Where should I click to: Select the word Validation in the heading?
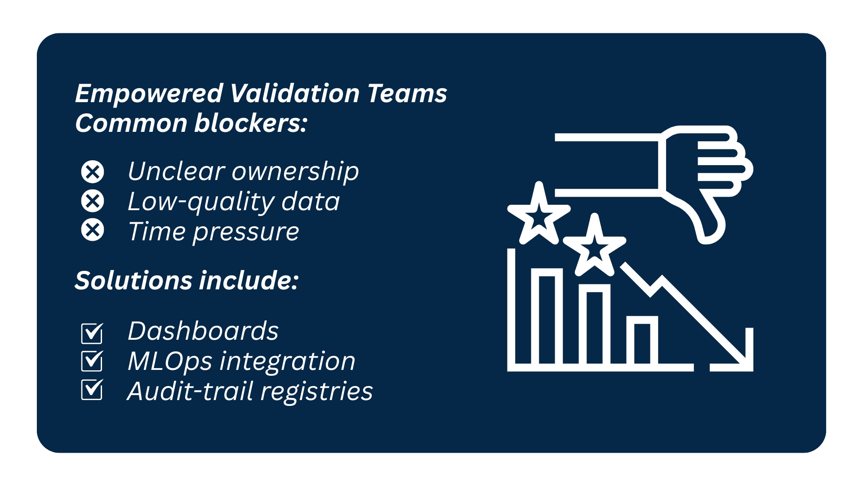point(294,93)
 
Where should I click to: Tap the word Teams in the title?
point(407,93)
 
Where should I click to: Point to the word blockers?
point(251,123)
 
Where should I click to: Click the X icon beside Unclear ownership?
point(93,171)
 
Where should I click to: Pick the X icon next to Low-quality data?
point(93,201)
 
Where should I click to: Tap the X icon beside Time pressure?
point(93,230)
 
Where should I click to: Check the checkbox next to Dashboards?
point(92,333)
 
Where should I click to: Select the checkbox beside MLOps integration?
point(92,361)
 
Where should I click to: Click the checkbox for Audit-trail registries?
point(92,390)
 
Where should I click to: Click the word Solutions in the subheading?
point(133,280)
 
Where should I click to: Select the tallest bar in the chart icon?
point(547,317)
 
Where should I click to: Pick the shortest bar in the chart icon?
point(642,341)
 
